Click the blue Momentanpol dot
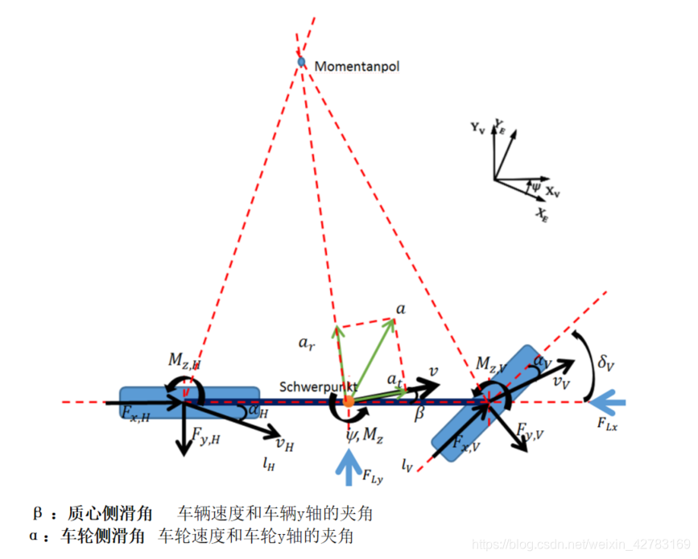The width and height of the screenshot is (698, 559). [x=301, y=62]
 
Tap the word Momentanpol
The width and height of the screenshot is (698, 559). [x=357, y=66]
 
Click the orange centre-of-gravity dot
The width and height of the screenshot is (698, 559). [x=348, y=401]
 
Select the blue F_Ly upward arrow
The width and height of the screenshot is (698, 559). [x=349, y=467]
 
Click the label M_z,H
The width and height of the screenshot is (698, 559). [x=184, y=360]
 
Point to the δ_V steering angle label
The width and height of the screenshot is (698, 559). [x=605, y=362]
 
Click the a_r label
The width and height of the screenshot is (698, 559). [x=306, y=343]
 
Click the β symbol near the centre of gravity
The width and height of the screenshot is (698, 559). [x=419, y=416]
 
